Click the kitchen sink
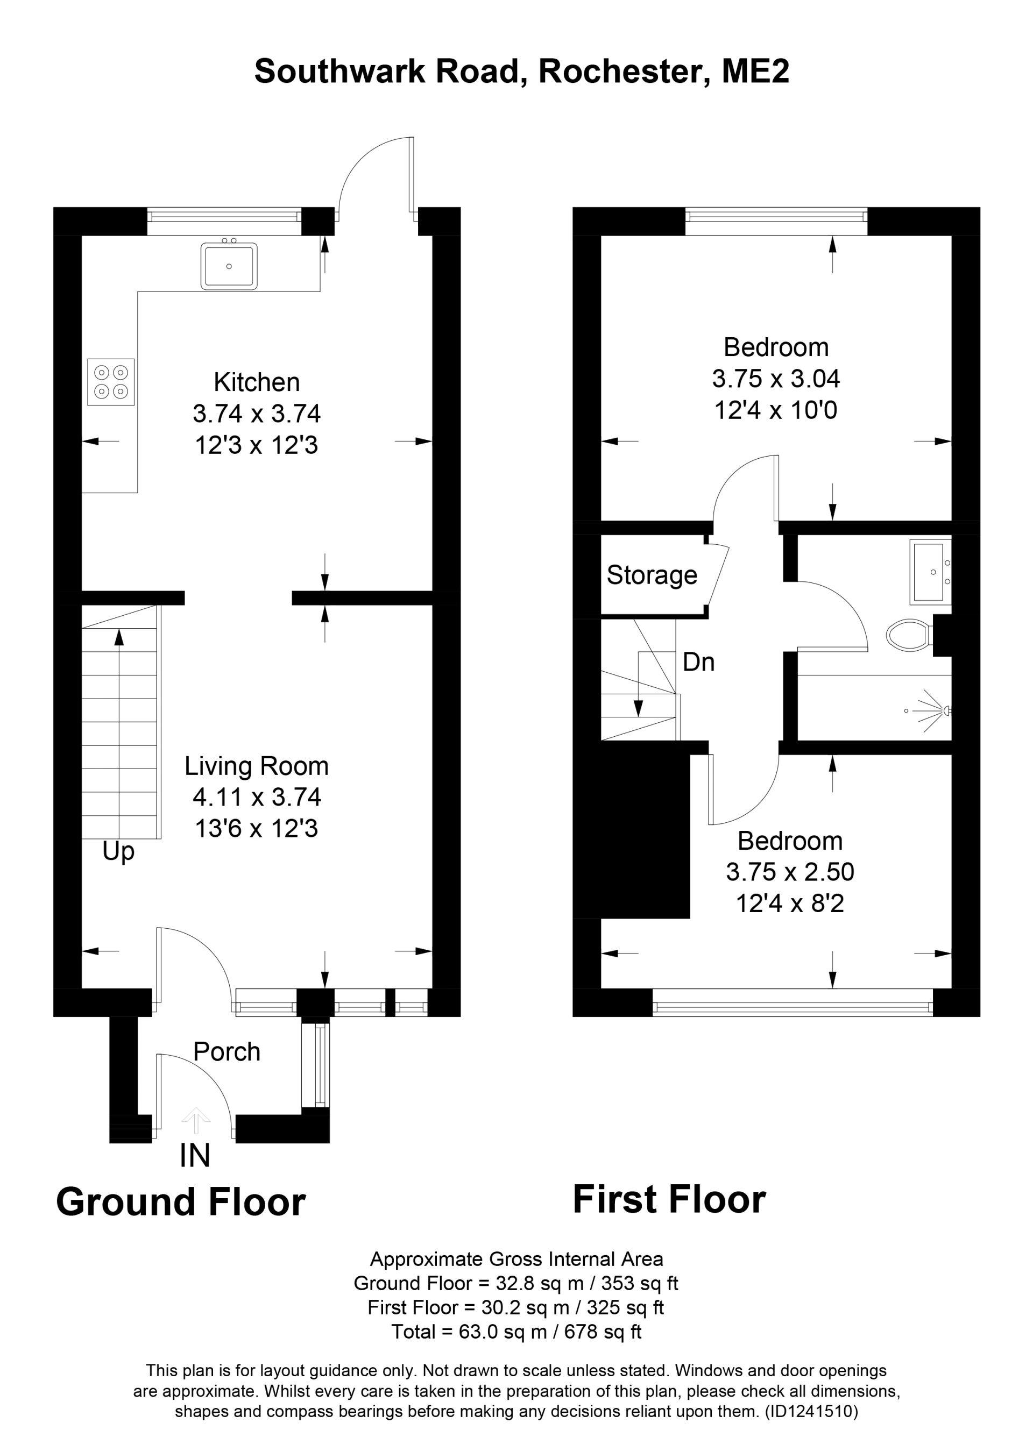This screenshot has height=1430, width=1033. [229, 266]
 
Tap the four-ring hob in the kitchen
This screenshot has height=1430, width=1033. [111, 382]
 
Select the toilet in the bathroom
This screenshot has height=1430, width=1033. [909, 635]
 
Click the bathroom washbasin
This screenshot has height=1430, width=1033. [930, 572]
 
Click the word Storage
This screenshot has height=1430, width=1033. [652, 575]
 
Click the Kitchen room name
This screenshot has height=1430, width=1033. [257, 382]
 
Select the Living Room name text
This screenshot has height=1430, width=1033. [257, 766]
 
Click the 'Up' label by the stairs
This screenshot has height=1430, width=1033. [118, 852]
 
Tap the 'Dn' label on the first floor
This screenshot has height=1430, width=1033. [699, 662]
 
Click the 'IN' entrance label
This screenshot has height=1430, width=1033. [195, 1156]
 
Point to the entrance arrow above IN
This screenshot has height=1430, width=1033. [196, 1120]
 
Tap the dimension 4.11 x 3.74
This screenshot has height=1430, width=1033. [257, 797]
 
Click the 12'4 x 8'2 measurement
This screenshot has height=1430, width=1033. [790, 903]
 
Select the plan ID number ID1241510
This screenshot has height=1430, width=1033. [811, 1411]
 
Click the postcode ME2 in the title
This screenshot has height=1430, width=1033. [755, 71]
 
